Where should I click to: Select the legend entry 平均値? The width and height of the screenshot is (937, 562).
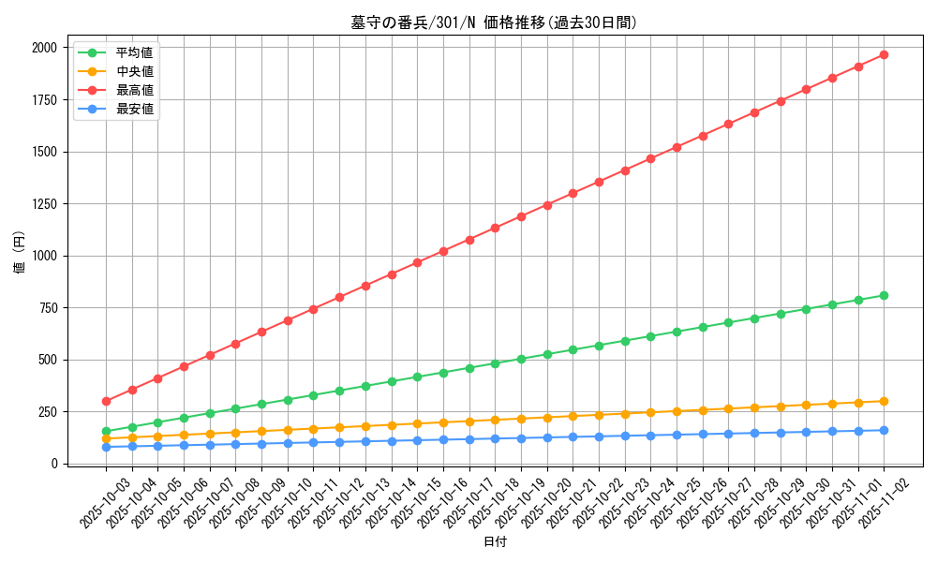click(x=134, y=52)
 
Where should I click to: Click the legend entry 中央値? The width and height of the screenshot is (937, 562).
click(x=134, y=71)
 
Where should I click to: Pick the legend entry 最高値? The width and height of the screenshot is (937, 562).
click(x=134, y=90)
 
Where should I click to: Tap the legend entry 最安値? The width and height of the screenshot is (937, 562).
click(x=134, y=109)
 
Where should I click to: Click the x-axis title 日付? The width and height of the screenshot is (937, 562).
click(x=495, y=542)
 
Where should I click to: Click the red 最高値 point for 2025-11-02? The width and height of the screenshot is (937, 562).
click(x=884, y=55)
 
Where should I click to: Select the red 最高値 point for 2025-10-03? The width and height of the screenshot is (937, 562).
click(x=106, y=401)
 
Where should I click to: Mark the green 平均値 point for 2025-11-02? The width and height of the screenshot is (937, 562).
click(x=884, y=295)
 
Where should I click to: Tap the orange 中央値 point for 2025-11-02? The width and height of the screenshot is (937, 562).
click(x=884, y=401)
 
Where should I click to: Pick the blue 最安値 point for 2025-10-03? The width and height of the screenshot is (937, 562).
click(x=106, y=447)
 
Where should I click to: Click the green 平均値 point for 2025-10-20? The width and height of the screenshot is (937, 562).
click(x=547, y=354)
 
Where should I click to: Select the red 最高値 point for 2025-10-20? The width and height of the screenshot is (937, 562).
click(x=547, y=204)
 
